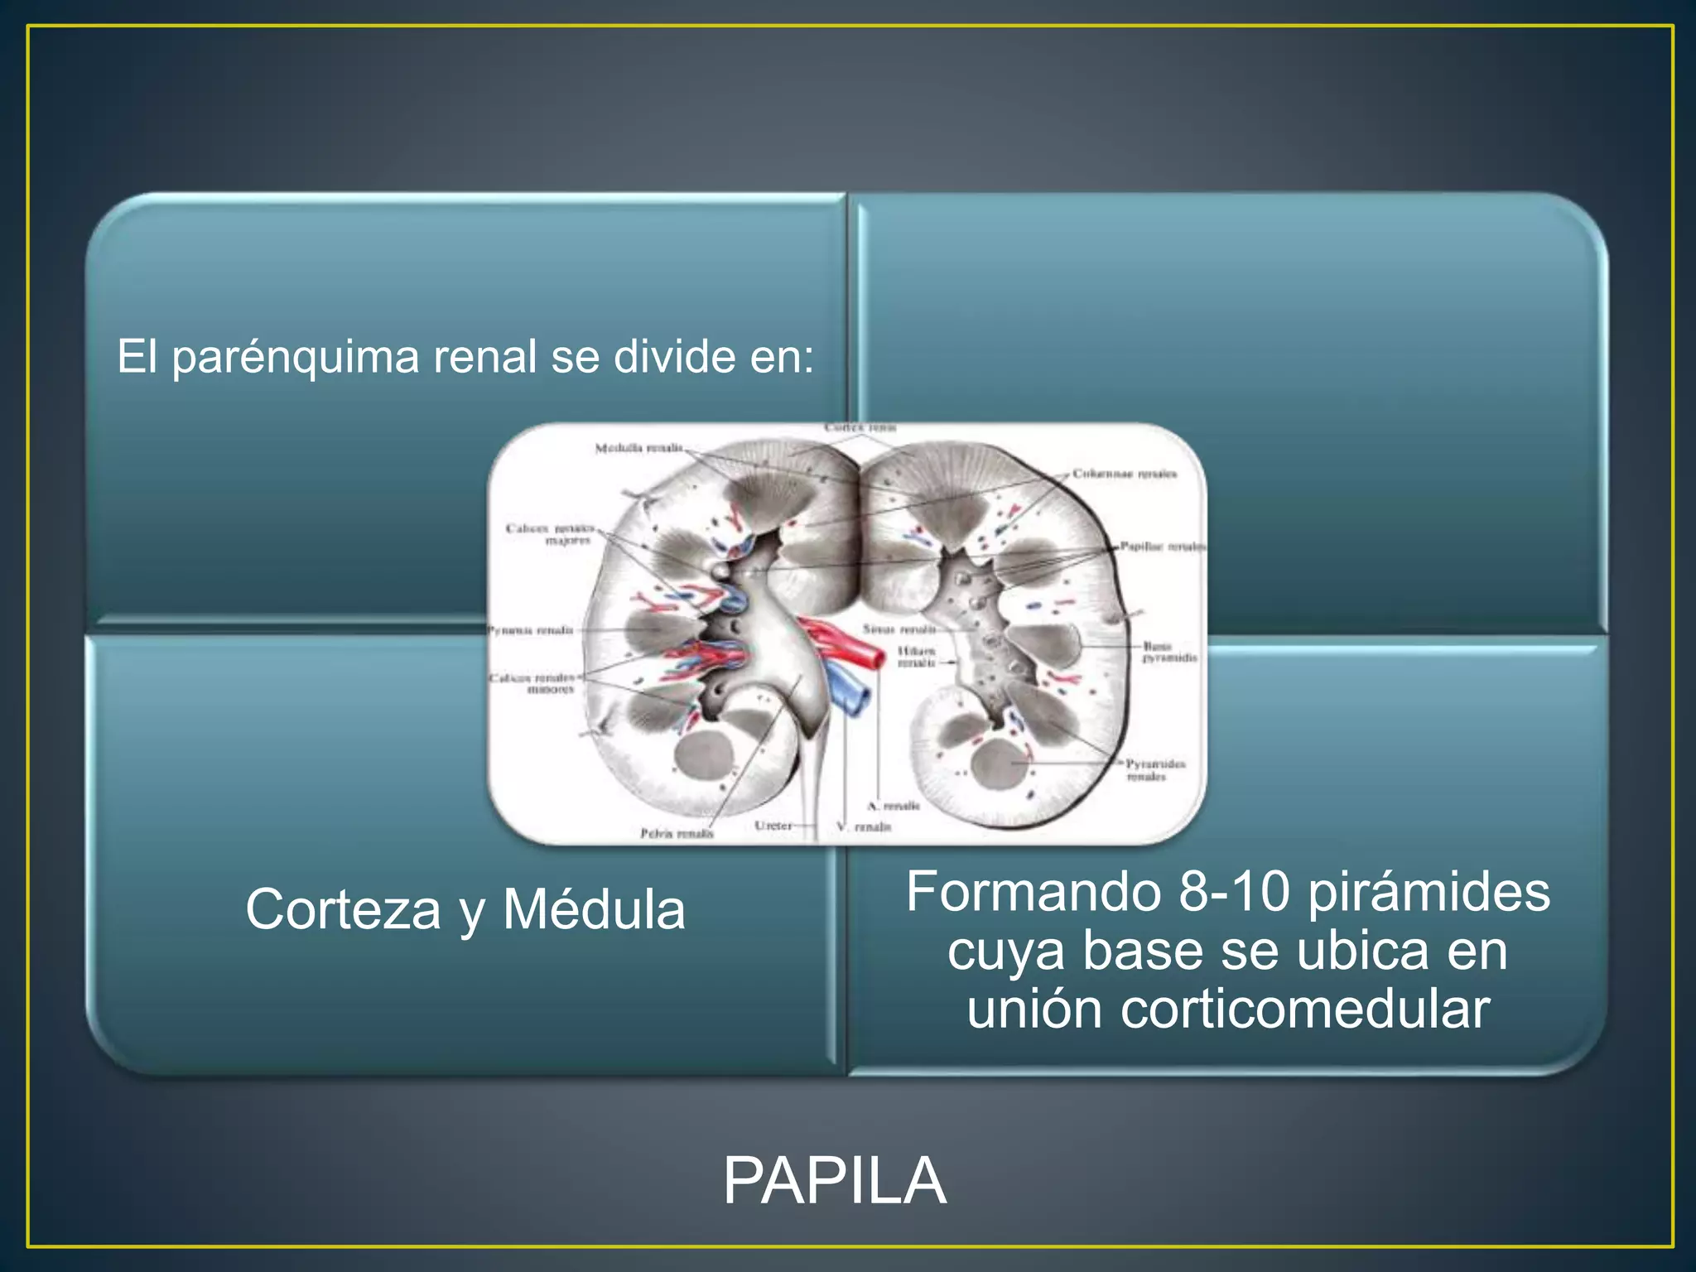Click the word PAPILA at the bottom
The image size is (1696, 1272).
834,1182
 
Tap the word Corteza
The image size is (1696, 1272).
343,910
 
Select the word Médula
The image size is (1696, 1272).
594,910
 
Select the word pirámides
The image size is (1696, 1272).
1429,892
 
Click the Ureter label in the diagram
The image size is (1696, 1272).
773,826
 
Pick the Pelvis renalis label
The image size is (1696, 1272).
677,833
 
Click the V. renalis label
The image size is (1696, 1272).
864,826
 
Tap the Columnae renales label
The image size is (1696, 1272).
1124,474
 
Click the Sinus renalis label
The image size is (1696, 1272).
899,629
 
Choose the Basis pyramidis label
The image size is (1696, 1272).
1168,651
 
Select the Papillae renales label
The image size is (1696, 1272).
1162,547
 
